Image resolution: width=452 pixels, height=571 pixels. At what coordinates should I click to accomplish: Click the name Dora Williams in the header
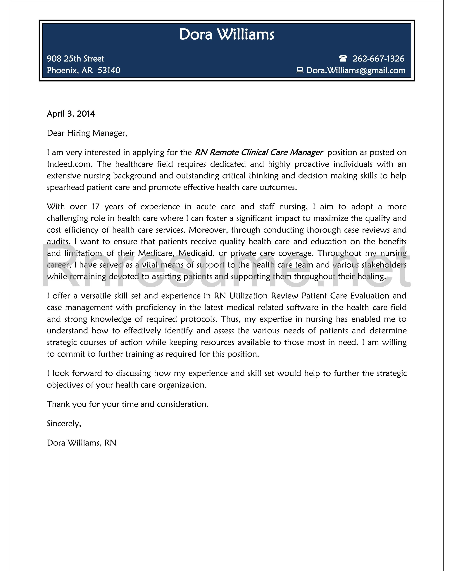(227, 34)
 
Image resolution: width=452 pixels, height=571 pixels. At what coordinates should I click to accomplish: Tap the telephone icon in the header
(343, 58)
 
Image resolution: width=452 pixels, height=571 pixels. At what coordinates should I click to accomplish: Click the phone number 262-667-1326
(378, 59)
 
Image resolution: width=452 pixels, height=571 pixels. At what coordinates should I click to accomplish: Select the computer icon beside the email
(300, 70)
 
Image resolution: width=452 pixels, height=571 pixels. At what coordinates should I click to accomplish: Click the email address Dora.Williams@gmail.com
(356, 71)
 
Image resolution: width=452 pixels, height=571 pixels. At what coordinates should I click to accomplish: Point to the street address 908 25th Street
(75, 59)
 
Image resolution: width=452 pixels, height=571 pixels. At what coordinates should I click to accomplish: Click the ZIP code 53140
(109, 71)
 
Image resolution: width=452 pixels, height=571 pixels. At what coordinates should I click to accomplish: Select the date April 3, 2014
(71, 114)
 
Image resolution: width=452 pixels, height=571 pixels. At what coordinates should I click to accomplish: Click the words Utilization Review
(264, 296)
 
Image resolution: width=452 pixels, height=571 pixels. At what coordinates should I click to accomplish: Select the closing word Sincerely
(64, 424)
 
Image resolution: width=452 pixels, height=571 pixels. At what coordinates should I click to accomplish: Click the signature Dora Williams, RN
(82, 443)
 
